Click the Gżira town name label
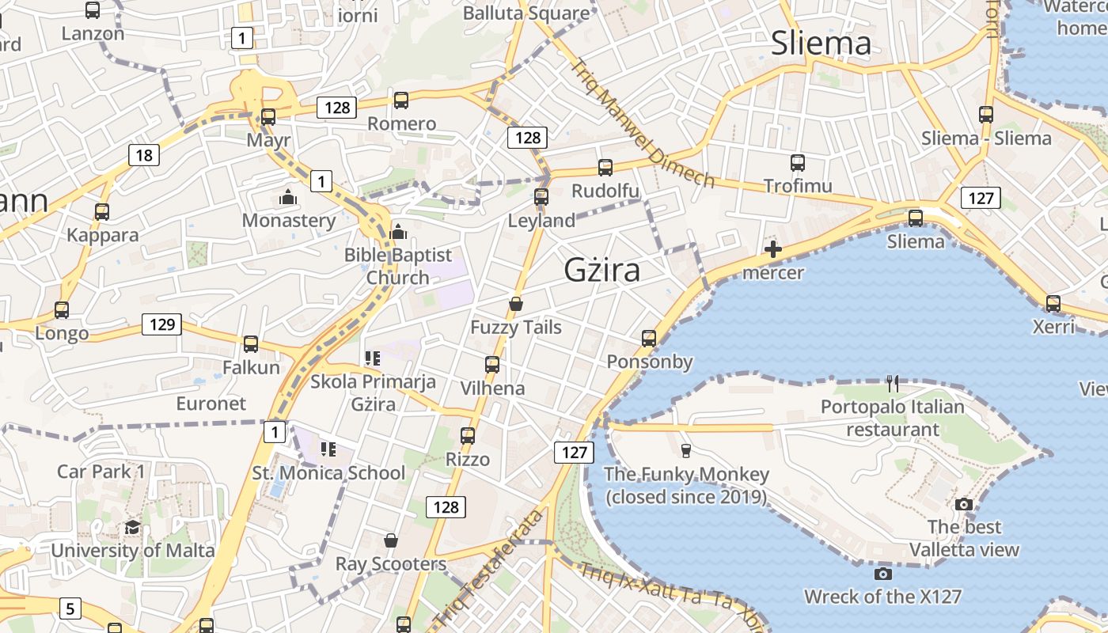[601, 271]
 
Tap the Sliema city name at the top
[821, 43]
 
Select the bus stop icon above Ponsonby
[649, 339]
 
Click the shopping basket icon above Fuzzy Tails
[516, 304]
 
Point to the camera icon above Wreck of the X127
[883, 574]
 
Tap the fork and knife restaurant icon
[893, 384]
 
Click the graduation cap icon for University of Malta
[132, 528]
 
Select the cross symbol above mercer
[773, 250]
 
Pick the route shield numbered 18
[144, 155]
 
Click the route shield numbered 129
[161, 324]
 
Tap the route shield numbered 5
[70, 608]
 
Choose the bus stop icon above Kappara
[102, 212]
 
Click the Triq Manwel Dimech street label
[643, 124]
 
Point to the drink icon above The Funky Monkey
[686, 451]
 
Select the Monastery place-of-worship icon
[288, 197]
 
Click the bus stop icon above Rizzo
[468, 436]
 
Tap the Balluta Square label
[526, 13]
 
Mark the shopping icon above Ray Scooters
[390, 540]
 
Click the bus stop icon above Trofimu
[798, 163]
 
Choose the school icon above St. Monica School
[328, 449]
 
